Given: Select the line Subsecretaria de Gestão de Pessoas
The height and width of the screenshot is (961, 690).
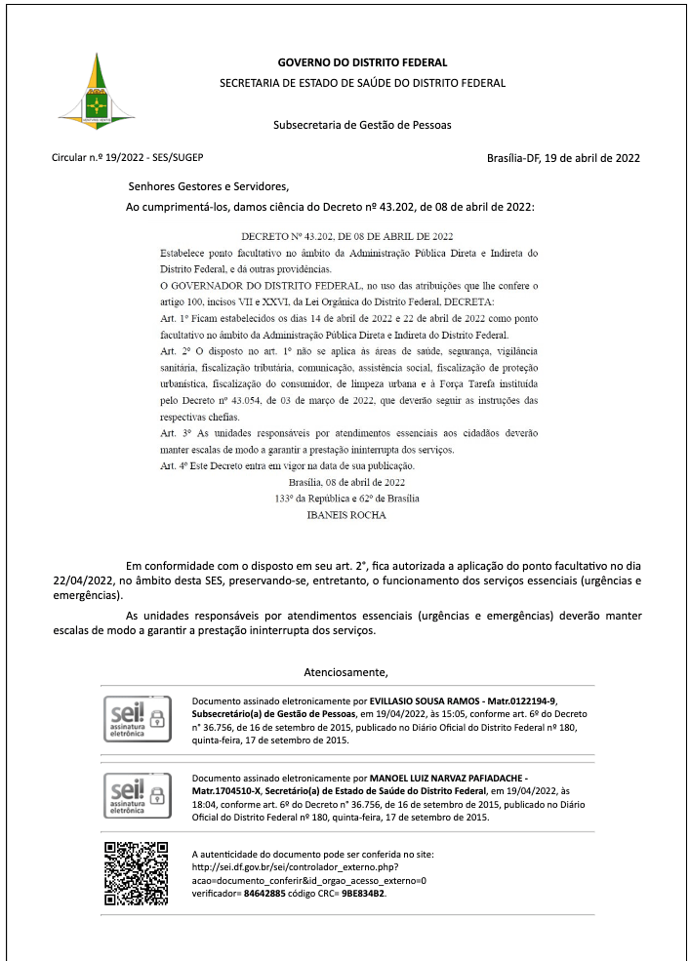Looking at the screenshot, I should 362,125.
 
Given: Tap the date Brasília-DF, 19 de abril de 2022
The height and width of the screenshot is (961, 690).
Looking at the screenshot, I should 563,158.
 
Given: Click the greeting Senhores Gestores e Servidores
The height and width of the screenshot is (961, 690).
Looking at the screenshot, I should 209,186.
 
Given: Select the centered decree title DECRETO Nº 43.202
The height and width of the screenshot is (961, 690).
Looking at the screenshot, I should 346,237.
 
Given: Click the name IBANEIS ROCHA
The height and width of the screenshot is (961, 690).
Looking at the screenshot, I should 346,515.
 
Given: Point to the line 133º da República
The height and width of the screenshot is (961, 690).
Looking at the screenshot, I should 346,499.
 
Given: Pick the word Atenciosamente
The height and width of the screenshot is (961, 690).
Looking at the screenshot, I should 346,672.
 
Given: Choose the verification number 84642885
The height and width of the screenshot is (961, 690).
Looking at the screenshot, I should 264,893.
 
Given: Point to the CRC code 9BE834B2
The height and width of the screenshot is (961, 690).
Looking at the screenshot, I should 363,893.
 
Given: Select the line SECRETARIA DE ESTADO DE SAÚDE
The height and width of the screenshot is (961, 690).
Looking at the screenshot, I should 362,83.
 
